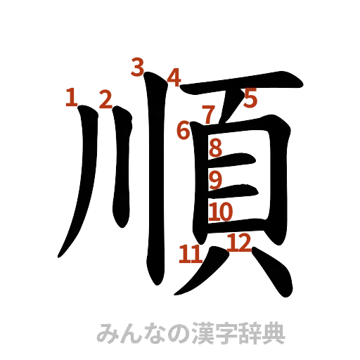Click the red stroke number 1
tap(70, 97)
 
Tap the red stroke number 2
tap(105, 98)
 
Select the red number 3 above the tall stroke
tap(138, 67)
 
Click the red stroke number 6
tap(184, 130)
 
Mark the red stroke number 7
tap(208, 112)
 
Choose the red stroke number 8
tap(216, 147)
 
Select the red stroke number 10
tap(221, 211)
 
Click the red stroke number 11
tap(189, 253)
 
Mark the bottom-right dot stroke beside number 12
tap(264, 274)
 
